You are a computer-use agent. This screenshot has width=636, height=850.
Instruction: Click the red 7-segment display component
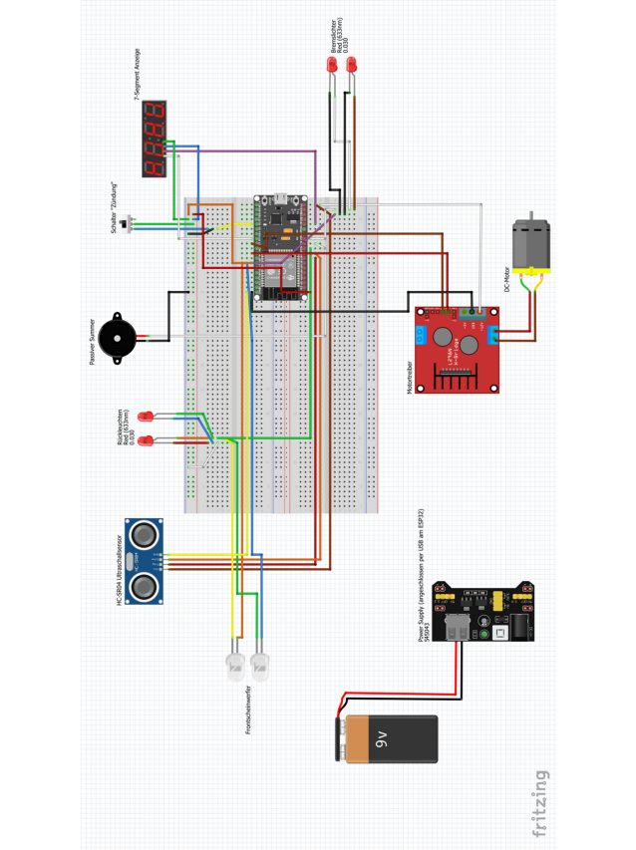tap(154, 140)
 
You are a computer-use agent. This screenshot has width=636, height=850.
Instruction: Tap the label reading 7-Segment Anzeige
tap(138, 75)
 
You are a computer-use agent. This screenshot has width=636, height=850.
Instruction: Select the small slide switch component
tap(128, 226)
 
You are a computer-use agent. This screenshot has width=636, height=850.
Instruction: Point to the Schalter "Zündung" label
tap(115, 206)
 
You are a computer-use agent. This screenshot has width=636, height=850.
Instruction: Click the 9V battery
tap(387, 738)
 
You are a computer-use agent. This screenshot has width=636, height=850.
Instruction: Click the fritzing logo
tap(539, 802)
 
